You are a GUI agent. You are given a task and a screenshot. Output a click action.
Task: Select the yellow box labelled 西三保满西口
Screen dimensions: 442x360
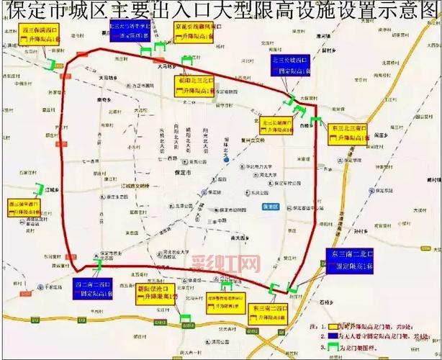pyautogui.click(x=39, y=35)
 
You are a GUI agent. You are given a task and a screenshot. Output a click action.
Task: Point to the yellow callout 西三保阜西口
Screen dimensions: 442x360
pyautogui.click(x=24, y=207)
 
